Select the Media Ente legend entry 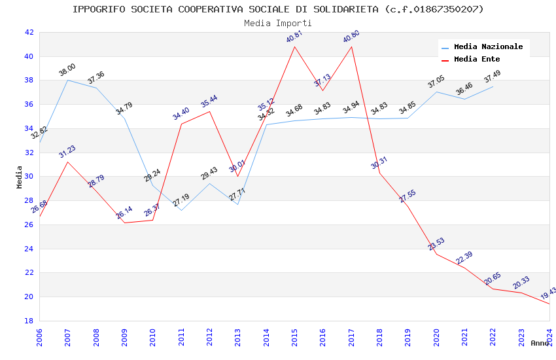tap(477, 60)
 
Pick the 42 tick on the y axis tap(29, 32)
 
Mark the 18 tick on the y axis tap(29, 321)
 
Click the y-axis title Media tap(20, 177)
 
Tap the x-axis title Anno tap(540, 343)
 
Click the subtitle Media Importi tap(278, 23)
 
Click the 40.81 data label tap(295, 37)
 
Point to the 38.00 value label tap(67, 70)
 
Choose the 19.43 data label tap(549, 292)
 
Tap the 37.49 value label tap(493, 76)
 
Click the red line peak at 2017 tap(351, 46)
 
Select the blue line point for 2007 tap(67, 80)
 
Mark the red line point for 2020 tap(436, 254)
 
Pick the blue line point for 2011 tap(181, 210)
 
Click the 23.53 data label tap(436, 244)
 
